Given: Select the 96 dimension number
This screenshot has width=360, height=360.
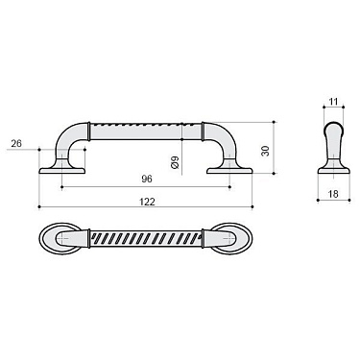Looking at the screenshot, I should [147, 179].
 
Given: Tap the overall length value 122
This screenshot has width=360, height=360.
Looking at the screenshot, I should [147, 201].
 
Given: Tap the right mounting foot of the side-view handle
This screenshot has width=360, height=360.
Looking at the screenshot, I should [229, 170].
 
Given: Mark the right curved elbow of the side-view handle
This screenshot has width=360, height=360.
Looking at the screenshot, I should [221, 136].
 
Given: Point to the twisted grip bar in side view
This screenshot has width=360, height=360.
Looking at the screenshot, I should [147, 129].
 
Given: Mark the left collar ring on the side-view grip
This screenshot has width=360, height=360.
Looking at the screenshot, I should [92, 129].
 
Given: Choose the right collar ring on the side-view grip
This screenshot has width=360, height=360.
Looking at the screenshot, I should [202, 129].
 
